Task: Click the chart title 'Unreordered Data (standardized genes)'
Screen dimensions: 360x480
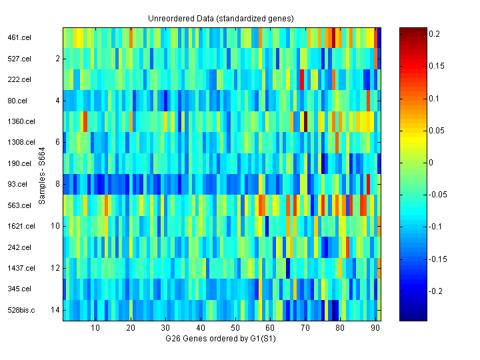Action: pos(221,18)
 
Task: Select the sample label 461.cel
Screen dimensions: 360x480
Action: pos(20,38)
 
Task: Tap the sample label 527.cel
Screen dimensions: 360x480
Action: pos(20,59)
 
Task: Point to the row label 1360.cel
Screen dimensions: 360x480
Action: pos(22,121)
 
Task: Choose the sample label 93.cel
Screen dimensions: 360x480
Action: pos(18,184)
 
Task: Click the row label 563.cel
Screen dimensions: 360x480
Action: pos(20,205)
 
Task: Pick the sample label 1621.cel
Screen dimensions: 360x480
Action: pos(22,226)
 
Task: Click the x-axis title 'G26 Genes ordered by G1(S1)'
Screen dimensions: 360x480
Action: pos(221,339)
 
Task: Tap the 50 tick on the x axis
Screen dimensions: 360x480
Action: pos(235,327)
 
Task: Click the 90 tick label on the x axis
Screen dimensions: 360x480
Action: pos(375,327)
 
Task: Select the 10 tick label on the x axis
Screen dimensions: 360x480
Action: pos(95,327)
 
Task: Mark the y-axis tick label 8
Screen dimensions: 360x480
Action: pos(57,184)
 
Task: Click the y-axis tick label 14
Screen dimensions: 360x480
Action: pos(55,310)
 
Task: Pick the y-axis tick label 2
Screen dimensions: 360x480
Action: pos(57,59)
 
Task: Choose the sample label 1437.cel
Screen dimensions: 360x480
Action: pos(22,268)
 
